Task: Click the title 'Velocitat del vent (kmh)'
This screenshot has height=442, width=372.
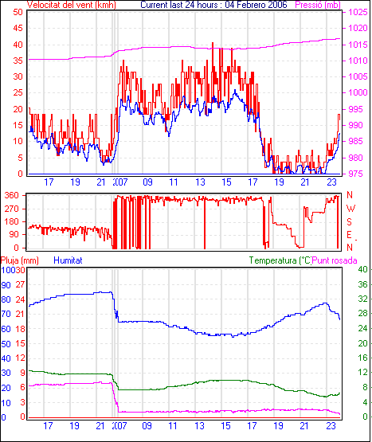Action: (72, 5)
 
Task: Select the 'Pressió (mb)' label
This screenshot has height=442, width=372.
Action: (318, 5)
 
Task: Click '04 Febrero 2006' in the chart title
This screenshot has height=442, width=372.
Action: (256, 5)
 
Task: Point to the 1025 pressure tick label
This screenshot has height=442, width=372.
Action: (358, 12)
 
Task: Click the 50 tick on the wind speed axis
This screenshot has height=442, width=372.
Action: (18, 12)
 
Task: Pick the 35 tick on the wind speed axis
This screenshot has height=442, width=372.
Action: (18, 61)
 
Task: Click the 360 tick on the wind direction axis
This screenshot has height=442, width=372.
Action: (12, 195)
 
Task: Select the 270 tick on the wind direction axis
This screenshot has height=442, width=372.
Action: (12, 209)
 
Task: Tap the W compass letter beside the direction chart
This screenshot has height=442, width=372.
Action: (350, 209)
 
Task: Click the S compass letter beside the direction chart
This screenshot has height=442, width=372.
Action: (350, 222)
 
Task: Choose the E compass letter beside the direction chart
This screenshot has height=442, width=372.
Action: (350, 235)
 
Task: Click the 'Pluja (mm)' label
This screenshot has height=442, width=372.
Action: (19, 260)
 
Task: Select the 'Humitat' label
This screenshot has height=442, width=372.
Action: (68, 260)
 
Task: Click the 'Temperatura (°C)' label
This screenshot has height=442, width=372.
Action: (280, 260)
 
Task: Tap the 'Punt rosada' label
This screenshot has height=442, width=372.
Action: (335, 260)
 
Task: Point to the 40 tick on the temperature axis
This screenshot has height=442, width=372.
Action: (363, 269)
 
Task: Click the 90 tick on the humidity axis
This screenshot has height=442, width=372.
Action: (6, 285)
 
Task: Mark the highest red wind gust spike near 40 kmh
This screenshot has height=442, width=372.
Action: (213, 43)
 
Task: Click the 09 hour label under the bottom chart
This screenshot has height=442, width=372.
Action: (147, 425)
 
